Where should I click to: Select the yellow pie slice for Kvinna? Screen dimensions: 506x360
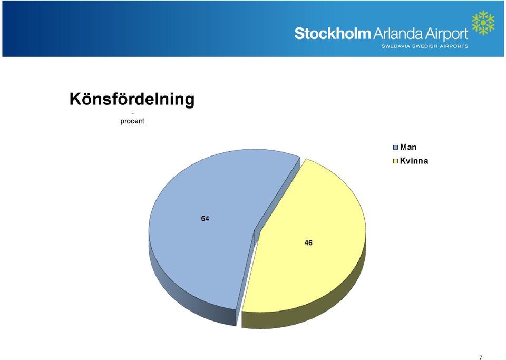tap(307, 239)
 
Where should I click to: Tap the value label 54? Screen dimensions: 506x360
tap(205, 219)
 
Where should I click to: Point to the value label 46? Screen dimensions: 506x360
tap(308, 243)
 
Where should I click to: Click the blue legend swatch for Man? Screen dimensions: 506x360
tap(396, 148)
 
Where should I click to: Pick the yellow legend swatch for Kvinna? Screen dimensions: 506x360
tap(396, 161)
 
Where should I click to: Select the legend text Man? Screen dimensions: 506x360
tap(408, 147)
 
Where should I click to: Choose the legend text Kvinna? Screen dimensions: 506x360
tap(414, 161)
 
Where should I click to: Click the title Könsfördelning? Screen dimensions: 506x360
tap(132, 99)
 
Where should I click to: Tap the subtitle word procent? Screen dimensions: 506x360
tap(132, 121)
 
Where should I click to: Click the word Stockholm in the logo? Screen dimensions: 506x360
tap(333, 34)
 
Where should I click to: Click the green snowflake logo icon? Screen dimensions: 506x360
tap(483, 23)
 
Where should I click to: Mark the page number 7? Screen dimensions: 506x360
tap(481, 357)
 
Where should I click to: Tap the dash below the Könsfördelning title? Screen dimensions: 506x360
tap(133, 113)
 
